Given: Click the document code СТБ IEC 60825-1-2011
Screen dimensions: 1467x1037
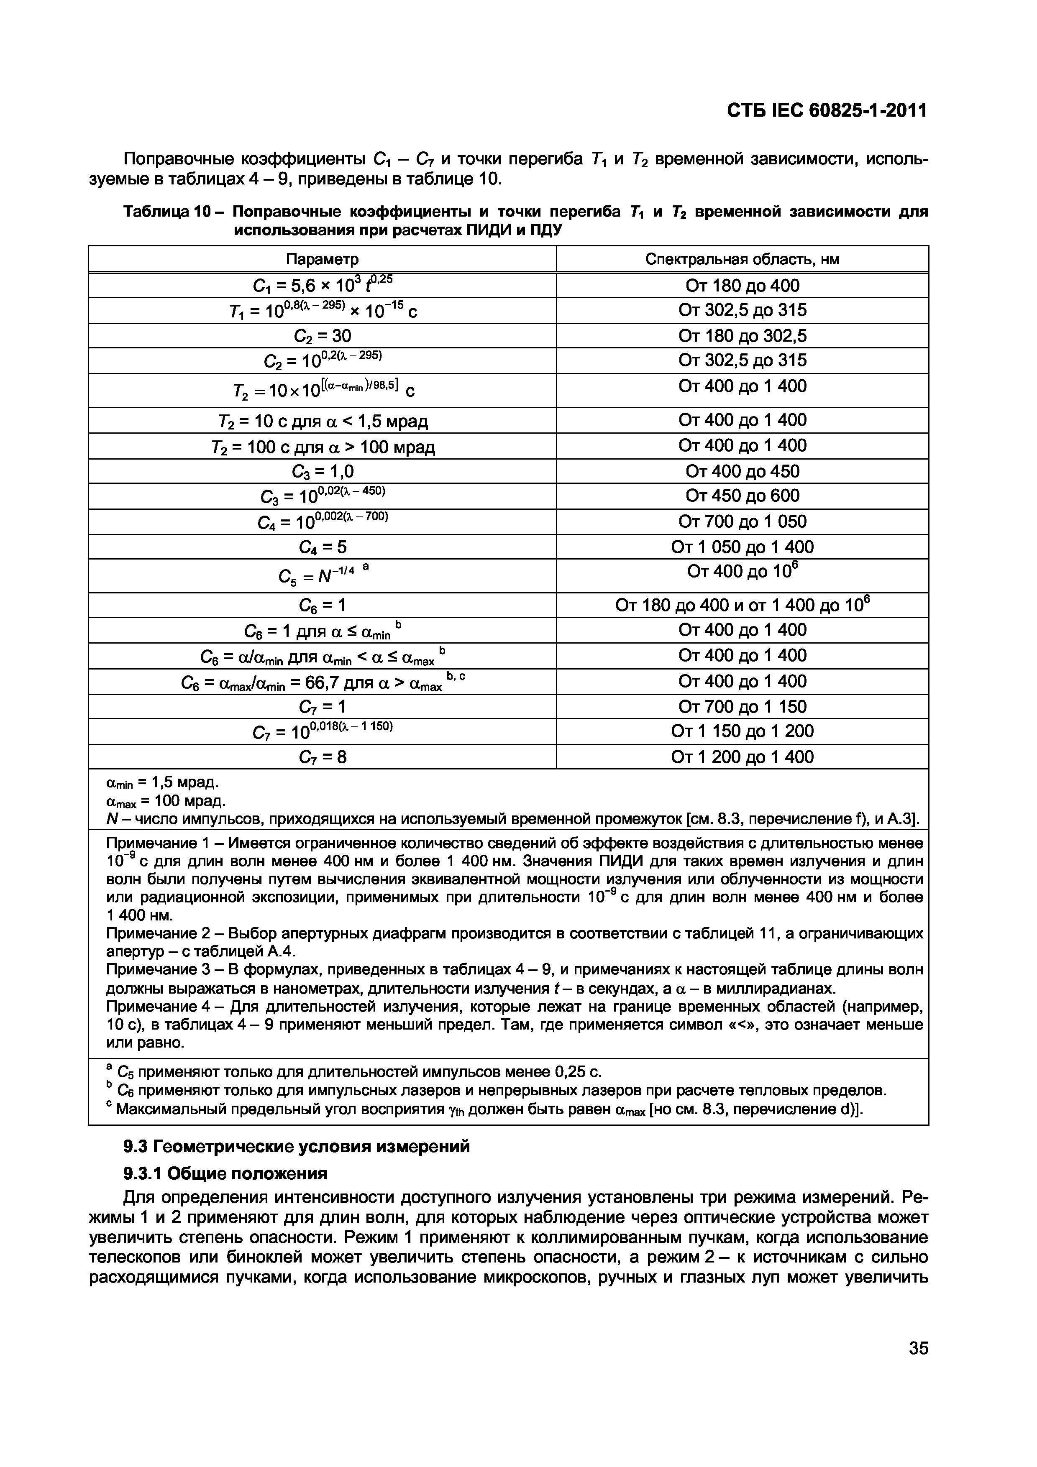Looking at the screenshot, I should (826, 110).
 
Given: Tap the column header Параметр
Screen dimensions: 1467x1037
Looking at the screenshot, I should (322, 259).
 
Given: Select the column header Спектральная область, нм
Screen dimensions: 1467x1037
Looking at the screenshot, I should (742, 259).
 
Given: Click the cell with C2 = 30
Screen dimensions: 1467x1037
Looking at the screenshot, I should (322, 335).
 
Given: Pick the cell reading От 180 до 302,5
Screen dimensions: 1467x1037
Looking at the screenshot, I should (742, 335).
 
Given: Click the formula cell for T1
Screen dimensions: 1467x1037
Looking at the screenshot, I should (322, 311).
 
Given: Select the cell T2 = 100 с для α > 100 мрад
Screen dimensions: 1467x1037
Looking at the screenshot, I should (322, 446).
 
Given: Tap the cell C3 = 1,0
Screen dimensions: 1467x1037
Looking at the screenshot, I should (322, 471).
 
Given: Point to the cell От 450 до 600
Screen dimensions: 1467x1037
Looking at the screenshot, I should (742, 496).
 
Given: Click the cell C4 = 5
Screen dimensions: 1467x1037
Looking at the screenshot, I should (322, 547).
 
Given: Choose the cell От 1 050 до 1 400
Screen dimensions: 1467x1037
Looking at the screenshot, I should (742, 547).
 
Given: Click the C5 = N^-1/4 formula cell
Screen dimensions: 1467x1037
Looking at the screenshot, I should (322, 576).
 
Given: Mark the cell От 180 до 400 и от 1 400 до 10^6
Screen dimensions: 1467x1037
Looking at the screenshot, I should (742, 604).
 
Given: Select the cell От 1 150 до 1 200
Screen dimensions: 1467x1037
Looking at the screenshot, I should (742, 731).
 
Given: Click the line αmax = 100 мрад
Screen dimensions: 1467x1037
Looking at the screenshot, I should (165, 800).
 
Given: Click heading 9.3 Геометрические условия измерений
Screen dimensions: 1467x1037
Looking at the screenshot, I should (296, 1146).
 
